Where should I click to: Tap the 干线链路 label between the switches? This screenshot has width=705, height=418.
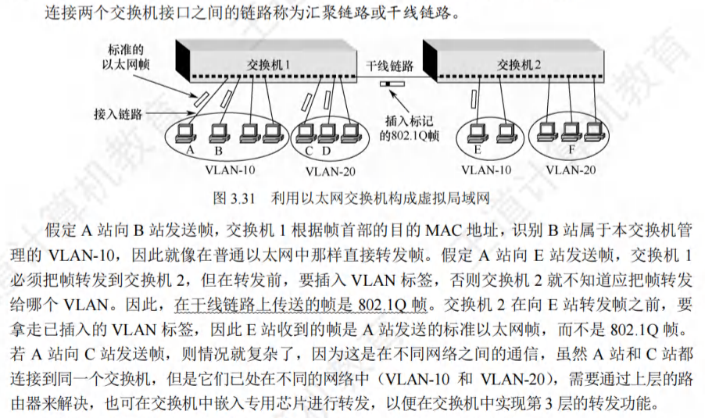click(x=390, y=65)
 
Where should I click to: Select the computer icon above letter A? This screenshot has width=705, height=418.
click(x=188, y=130)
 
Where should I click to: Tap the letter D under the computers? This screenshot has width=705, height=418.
click(x=327, y=149)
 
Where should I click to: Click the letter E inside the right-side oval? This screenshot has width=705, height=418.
click(x=478, y=148)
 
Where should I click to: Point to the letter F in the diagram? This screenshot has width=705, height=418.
click(x=571, y=149)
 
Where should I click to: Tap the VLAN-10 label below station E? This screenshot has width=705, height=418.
click(x=485, y=168)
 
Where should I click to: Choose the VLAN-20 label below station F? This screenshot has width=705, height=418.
click(x=571, y=168)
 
